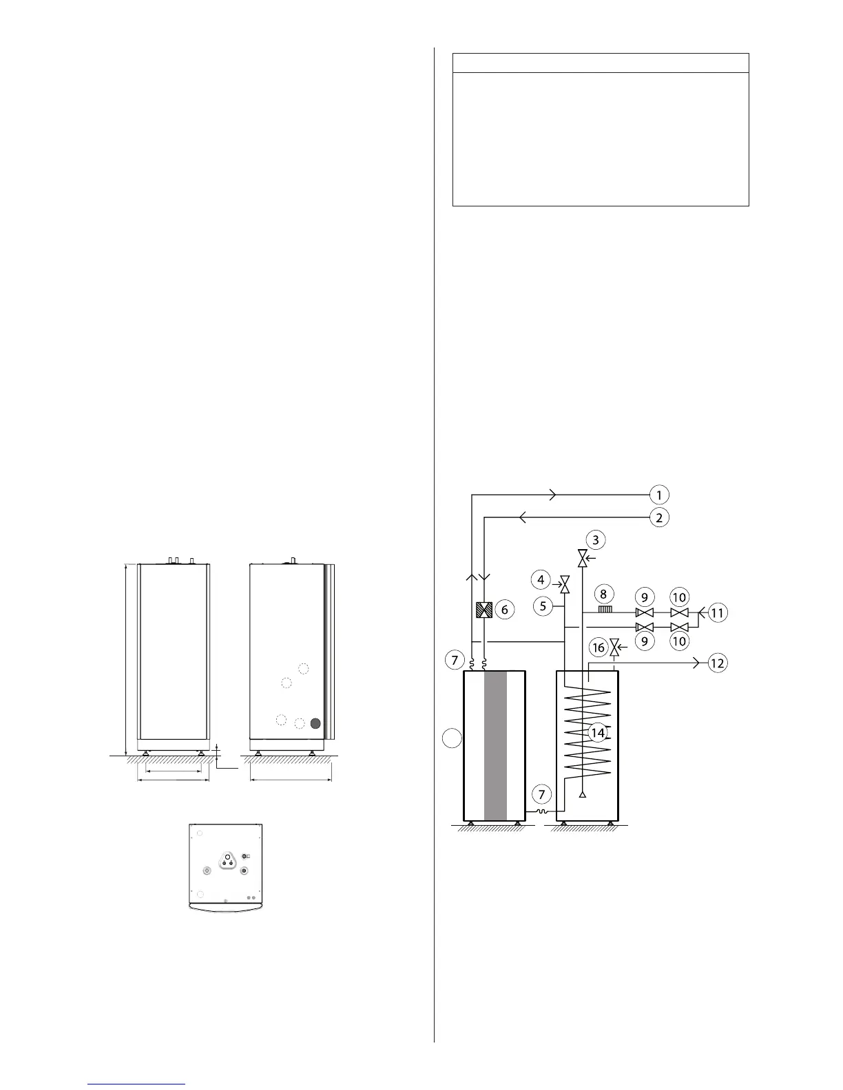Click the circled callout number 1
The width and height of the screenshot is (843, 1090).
pyautogui.click(x=659, y=495)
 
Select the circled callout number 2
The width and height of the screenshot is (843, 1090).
pyautogui.click(x=659, y=517)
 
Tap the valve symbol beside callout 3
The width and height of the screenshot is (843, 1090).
pyautogui.click(x=583, y=559)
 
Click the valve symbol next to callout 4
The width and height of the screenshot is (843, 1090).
pyautogui.click(x=565, y=585)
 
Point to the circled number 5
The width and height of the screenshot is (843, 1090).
pyautogui.click(x=543, y=606)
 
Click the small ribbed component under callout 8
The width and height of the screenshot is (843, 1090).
pyautogui.click(x=605, y=609)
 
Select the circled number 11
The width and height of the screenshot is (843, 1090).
pyautogui.click(x=718, y=612)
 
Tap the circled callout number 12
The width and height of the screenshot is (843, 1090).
pyautogui.click(x=718, y=663)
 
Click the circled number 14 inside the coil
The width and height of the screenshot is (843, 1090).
pyautogui.click(x=598, y=733)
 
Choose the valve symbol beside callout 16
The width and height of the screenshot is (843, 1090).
pyautogui.click(x=615, y=648)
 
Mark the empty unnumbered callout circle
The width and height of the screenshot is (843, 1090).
pyautogui.click(x=451, y=739)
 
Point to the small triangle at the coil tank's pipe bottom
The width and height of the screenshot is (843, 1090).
pyautogui.click(x=583, y=795)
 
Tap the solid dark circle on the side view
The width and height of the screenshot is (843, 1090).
pyautogui.click(x=315, y=723)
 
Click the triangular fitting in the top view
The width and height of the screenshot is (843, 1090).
pyautogui.click(x=227, y=859)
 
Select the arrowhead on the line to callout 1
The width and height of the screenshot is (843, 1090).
pyautogui.click(x=552, y=495)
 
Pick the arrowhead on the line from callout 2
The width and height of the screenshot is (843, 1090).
pyautogui.click(x=522, y=517)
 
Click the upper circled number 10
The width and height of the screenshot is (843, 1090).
pyautogui.click(x=680, y=597)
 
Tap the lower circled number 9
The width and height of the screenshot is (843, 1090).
pyautogui.click(x=645, y=641)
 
